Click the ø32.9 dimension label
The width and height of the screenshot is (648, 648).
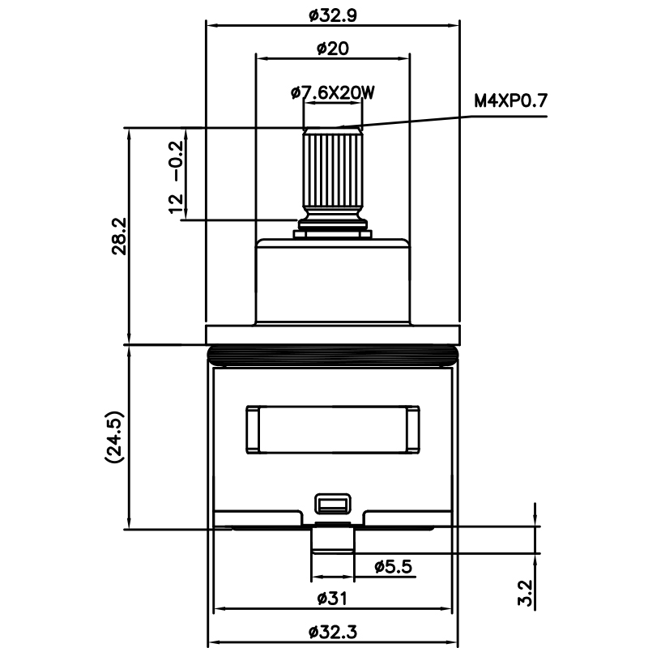click(333, 14)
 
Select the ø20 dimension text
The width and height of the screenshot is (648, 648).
click(332, 49)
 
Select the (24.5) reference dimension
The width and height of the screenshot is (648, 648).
click(113, 437)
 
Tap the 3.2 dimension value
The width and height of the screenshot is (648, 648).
click(524, 593)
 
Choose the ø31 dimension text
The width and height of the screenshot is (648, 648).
click(332, 599)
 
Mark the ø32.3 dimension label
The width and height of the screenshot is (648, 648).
click(332, 631)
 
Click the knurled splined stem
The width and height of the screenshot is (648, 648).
click(332, 170)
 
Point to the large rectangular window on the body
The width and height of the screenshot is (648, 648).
click(332, 429)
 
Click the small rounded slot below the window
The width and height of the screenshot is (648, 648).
click(332, 504)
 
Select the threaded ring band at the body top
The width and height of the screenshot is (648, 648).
click(332, 353)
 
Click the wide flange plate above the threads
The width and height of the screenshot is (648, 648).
click(332, 334)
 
